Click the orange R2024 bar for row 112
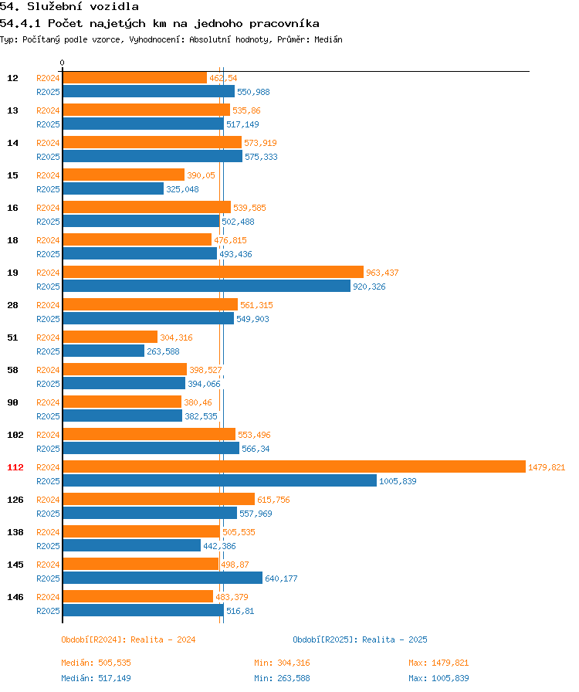293,466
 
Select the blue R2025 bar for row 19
206,286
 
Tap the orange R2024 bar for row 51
110,337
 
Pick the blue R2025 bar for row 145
162,578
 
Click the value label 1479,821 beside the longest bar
547,467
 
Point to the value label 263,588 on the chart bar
163,351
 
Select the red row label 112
15,467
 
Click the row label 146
15,597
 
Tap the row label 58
13,370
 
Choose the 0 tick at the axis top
63,63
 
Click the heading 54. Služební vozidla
69,7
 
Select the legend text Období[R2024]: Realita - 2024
128,639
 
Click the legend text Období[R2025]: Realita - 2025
360,639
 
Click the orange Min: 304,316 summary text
282,663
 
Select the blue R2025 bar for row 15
113,188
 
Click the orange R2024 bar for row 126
158,499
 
